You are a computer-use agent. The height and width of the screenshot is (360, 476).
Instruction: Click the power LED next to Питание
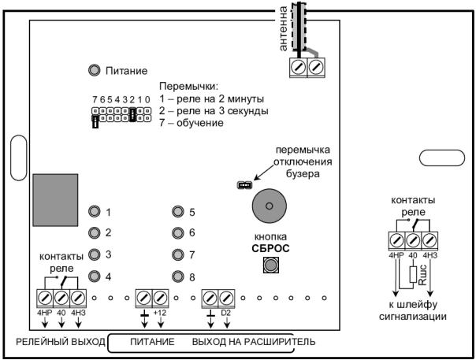(95, 71)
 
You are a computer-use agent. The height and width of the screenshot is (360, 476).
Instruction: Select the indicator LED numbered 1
(95, 212)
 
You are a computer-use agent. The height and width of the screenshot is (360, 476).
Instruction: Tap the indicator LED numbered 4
(95, 276)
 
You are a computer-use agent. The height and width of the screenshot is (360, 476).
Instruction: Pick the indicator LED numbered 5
(178, 212)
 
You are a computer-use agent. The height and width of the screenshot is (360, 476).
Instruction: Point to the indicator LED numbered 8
(178, 276)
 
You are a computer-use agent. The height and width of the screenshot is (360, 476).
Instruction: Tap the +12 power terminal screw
(161, 298)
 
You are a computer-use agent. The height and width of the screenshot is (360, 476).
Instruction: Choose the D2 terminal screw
(226, 298)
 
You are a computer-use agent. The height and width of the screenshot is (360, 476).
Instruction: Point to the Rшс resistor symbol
(413, 276)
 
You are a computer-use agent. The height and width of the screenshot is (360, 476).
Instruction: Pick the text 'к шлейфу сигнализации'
(413, 310)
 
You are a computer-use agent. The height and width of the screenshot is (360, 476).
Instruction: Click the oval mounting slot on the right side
(441, 157)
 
